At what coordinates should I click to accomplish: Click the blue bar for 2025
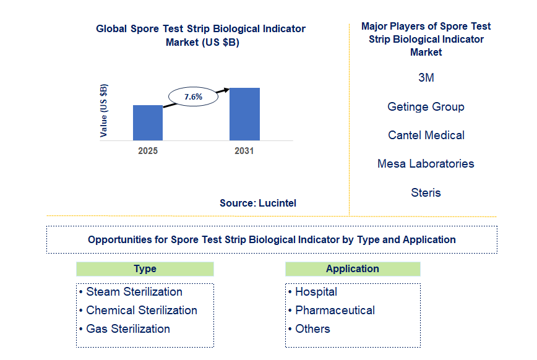pos(148,122)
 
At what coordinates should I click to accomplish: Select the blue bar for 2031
pos(244,114)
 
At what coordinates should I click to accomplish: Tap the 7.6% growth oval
pos(194,96)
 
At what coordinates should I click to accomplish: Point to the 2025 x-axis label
pos(148,151)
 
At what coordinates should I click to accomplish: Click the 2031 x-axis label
pos(244,151)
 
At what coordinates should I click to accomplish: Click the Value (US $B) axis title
pos(104,110)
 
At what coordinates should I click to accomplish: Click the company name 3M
pos(426,78)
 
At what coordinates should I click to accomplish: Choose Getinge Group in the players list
pos(426,106)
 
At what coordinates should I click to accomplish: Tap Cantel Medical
pos(426,135)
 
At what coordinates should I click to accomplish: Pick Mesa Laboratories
pos(426,163)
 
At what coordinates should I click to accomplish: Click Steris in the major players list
pos(426,192)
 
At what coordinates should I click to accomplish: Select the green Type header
pos(145,268)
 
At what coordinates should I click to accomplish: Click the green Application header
pos(353,268)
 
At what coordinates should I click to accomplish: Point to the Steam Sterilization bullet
pos(134,292)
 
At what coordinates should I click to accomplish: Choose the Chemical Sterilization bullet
pos(141,311)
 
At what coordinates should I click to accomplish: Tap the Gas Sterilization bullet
pos(127,329)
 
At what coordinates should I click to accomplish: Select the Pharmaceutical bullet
pos(335,311)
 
